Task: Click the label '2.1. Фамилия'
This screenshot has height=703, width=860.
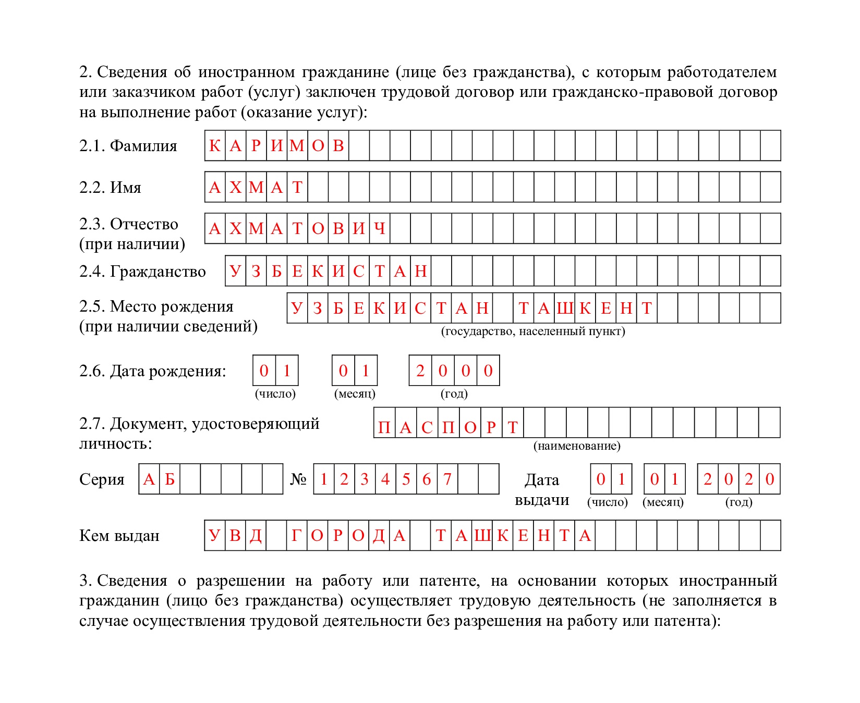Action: [x=128, y=146]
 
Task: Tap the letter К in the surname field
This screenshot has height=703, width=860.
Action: [x=214, y=146]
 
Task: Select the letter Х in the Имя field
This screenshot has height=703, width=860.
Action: [x=235, y=187]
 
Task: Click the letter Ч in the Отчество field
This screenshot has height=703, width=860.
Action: [x=380, y=228]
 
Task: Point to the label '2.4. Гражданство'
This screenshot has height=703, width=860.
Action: [x=142, y=272]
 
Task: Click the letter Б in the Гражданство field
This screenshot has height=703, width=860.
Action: [x=276, y=271]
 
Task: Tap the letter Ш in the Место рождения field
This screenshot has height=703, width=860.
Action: [x=564, y=309]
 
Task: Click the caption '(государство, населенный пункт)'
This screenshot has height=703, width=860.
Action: [x=532, y=331]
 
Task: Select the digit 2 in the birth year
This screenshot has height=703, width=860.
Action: [x=420, y=371]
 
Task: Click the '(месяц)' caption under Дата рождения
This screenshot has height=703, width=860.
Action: [x=355, y=393]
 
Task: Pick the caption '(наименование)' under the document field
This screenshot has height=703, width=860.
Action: [x=577, y=446]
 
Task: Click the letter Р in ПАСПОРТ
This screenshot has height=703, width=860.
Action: [x=491, y=427]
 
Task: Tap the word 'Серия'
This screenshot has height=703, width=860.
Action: [x=102, y=479]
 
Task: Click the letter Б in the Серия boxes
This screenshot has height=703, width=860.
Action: [x=169, y=479]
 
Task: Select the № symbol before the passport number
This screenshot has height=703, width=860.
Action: [x=298, y=479]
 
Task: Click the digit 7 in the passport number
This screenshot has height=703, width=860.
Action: [x=447, y=479]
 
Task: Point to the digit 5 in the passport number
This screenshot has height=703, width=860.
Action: [x=406, y=479]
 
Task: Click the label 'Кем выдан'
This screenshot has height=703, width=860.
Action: [x=119, y=536]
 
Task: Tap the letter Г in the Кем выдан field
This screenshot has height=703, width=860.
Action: [x=296, y=535]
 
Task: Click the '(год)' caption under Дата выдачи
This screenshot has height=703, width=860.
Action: [x=738, y=502]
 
